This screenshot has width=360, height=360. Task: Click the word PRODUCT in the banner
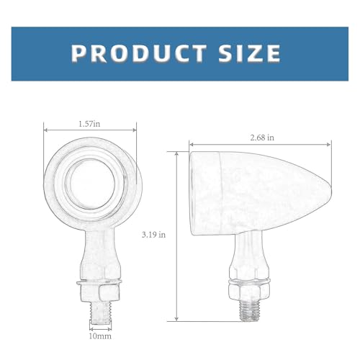[x=139, y=53]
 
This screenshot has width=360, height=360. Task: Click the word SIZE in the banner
[x=250, y=53]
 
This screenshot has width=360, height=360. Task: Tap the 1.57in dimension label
[x=89, y=124]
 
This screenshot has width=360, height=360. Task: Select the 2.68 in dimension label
[x=262, y=138]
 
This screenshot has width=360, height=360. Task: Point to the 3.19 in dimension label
[x=153, y=235]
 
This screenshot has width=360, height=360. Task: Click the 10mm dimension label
[x=100, y=336]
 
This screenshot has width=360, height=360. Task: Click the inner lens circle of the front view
[x=90, y=184]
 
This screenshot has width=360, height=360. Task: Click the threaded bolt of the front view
[x=100, y=312]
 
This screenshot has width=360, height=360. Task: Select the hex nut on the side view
[x=248, y=290]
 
